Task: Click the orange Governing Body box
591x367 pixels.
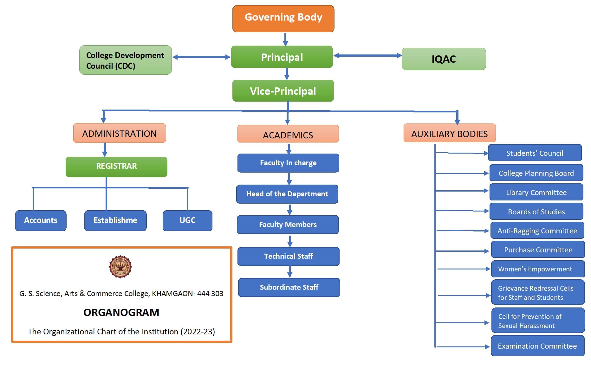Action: tap(283, 18)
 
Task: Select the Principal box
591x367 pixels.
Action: tap(282, 57)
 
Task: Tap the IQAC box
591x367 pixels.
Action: tap(444, 59)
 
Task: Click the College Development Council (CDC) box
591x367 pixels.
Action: tap(125, 60)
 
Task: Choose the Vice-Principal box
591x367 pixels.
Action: tap(283, 91)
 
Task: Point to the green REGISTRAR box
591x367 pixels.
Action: tap(116, 167)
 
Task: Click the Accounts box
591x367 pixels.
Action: tap(41, 220)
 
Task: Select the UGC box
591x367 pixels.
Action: tap(187, 220)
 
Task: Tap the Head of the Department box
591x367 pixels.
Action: tap(287, 194)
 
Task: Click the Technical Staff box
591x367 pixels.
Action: tap(288, 256)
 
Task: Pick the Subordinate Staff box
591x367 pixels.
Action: tap(289, 287)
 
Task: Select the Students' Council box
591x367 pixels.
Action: tap(535, 153)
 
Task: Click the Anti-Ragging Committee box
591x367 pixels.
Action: tap(537, 231)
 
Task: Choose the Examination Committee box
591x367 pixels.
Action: tap(537, 346)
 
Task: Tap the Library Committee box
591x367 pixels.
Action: tap(536, 192)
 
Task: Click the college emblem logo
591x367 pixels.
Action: tap(120, 267)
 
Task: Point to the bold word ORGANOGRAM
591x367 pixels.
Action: tap(121, 312)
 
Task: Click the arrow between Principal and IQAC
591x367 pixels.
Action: tap(367, 56)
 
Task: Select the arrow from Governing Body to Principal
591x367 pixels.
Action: tap(285, 39)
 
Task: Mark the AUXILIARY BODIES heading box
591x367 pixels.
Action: tap(449, 133)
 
